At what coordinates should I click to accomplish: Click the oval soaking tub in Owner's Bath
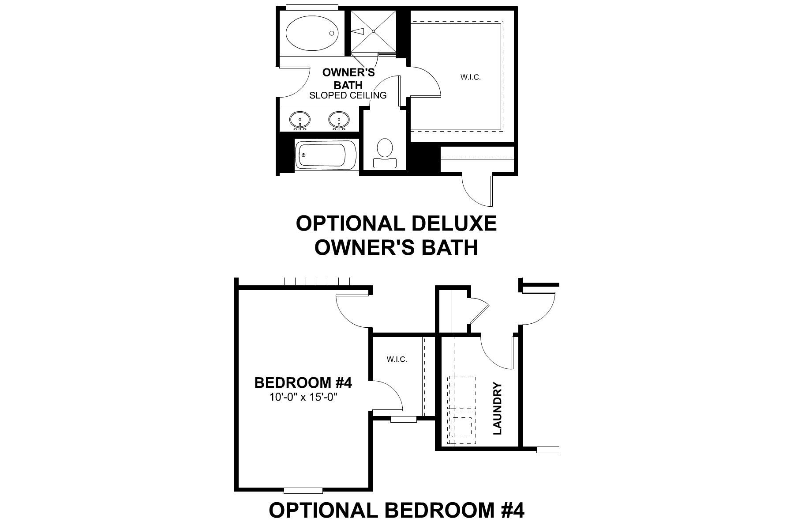coord(312,32)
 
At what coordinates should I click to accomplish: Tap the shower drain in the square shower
coord(374,31)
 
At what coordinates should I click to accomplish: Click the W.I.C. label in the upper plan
coord(470,77)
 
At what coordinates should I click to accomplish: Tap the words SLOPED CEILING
coord(348,95)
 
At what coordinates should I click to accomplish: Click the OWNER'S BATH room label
coord(348,79)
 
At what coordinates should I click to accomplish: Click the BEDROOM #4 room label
coord(303,382)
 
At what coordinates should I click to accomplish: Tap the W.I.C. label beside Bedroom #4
coord(397,359)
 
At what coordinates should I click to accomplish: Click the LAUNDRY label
coord(498,409)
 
